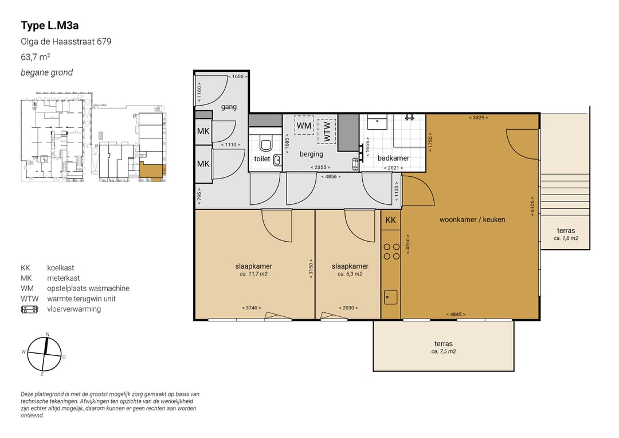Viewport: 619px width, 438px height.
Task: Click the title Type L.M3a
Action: pyautogui.click(x=50, y=26)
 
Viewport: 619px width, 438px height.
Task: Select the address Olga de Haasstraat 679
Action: pyautogui.click(x=66, y=41)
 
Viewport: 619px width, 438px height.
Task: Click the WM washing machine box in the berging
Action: pyautogui.click(x=304, y=125)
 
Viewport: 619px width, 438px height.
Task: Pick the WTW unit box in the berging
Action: pyautogui.click(x=327, y=131)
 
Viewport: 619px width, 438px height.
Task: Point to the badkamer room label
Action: pyautogui.click(x=393, y=158)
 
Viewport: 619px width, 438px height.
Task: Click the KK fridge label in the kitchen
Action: pyautogui.click(x=390, y=220)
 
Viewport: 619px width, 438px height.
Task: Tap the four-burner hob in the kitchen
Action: pyautogui.click(x=391, y=251)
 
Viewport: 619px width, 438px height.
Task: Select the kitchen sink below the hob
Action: pyautogui.click(x=391, y=297)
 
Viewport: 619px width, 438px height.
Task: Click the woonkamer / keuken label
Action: pyautogui.click(x=472, y=220)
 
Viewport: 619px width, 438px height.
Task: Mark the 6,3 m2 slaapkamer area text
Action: pyautogui.click(x=350, y=274)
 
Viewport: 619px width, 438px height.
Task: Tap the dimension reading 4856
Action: pyautogui.click(x=331, y=177)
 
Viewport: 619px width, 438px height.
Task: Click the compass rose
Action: pyautogui.click(x=44, y=354)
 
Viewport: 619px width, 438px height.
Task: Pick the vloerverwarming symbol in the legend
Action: pyautogui.click(x=30, y=309)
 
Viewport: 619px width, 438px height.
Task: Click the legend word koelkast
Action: pyautogui.click(x=60, y=268)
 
